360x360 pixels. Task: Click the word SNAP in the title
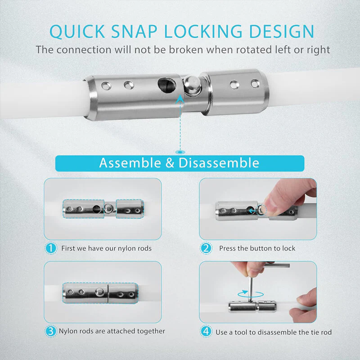point(134,31)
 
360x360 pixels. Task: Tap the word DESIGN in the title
point(282,31)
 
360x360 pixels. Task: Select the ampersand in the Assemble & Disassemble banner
point(170,163)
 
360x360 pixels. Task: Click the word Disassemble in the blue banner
point(219,163)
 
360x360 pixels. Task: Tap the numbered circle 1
point(51,248)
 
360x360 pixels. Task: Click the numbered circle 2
point(206,248)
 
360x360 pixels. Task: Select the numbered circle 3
point(51,331)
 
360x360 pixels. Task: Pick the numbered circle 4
point(206,331)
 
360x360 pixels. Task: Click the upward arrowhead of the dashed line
point(180,99)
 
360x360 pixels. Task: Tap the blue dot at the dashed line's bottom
point(180,152)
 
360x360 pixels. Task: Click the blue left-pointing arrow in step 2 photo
point(252,211)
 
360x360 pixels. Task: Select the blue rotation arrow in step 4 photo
point(250,294)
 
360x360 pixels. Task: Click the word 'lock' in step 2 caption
point(288,248)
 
